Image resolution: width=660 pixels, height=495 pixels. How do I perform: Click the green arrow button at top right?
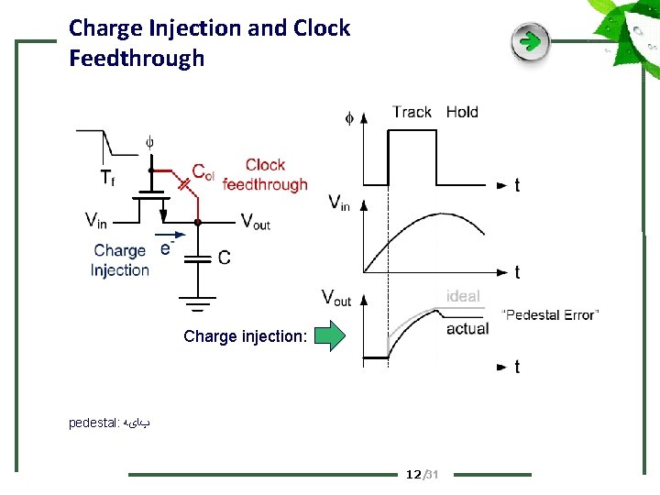point(530,42)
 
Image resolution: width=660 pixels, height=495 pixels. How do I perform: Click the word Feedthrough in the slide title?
point(137,59)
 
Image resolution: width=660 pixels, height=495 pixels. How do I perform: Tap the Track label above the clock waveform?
point(412,112)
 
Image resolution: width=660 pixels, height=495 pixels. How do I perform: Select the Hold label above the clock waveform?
point(462,112)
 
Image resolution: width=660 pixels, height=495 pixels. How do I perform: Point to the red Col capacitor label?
point(203,172)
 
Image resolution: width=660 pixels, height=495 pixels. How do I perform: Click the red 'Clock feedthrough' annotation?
point(265,175)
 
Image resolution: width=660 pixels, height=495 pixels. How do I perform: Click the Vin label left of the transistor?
point(96,219)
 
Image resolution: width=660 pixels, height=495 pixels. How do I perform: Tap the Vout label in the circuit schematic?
point(255,221)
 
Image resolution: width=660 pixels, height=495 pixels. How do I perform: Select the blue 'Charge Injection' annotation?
point(120,260)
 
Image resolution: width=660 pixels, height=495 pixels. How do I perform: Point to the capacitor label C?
point(225,258)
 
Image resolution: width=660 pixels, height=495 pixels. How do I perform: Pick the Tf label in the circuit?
point(107,176)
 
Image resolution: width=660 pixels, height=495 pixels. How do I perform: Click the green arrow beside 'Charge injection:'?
point(330,335)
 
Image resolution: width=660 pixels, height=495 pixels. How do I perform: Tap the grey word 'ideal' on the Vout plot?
point(463,296)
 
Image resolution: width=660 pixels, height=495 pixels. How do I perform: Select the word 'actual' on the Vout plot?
point(467,328)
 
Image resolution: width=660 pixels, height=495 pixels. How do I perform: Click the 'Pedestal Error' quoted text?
point(551,315)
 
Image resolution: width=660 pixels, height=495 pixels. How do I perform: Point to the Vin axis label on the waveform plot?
point(339,202)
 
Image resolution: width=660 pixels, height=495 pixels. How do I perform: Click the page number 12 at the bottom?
point(413,474)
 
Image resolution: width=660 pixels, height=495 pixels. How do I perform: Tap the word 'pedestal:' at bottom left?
point(93,423)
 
